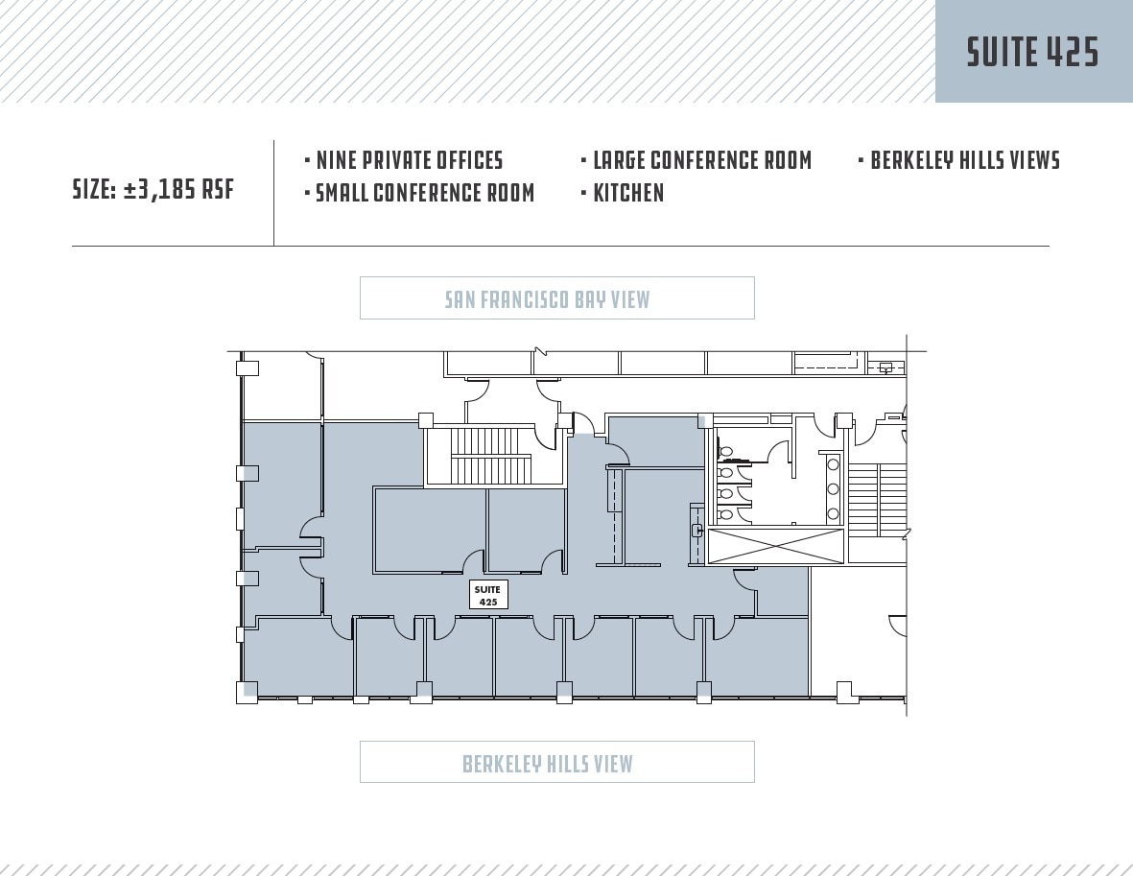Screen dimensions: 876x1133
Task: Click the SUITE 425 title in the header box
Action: (1032, 52)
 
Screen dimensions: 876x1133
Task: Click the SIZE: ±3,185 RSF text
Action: (153, 189)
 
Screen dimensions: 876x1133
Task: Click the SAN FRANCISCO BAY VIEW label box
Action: (556, 298)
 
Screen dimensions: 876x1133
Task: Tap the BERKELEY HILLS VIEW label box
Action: (556, 763)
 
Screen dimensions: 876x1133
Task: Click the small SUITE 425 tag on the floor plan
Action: (487, 595)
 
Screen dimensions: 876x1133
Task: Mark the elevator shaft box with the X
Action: (775, 546)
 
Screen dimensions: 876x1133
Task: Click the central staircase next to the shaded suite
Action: (490, 456)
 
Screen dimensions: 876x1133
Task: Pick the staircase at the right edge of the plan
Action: (878, 499)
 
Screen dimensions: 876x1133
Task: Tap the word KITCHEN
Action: (628, 193)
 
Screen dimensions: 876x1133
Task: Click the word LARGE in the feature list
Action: (619, 160)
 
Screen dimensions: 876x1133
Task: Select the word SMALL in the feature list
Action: (342, 193)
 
